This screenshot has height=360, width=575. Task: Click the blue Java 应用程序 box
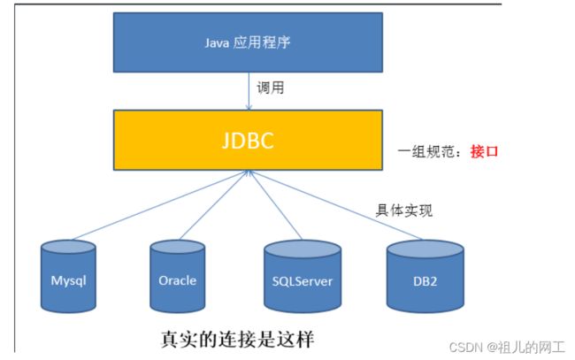[x=248, y=42]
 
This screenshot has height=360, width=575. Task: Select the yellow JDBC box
[x=248, y=140]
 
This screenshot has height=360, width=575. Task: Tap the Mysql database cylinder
[x=68, y=276]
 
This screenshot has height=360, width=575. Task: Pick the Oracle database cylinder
[x=178, y=276]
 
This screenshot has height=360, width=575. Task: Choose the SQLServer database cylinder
[x=303, y=276]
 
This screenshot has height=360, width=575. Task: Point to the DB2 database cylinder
[x=425, y=276]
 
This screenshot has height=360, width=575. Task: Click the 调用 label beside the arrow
[x=271, y=88]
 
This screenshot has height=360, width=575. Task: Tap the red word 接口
[x=484, y=151]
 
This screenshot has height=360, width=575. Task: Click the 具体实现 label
[x=404, y=211]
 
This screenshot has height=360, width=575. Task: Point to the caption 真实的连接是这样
[x=238, y=339]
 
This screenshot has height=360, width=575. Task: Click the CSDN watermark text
[x=507, y=347]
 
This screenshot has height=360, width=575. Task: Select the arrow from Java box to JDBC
[x=249, y=91]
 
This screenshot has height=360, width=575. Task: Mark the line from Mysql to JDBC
[x=160, y=205]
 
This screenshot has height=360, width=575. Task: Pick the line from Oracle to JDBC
[x=215, y=205]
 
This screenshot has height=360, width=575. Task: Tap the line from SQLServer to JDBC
[x=275, y=205]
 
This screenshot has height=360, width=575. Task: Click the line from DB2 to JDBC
[x=336, y=205]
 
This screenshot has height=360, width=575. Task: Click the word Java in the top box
[x=217, y=42]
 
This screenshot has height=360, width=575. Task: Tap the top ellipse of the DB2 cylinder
[x=425, y=249]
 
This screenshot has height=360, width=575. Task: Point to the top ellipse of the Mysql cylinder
[x=68, y=247]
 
